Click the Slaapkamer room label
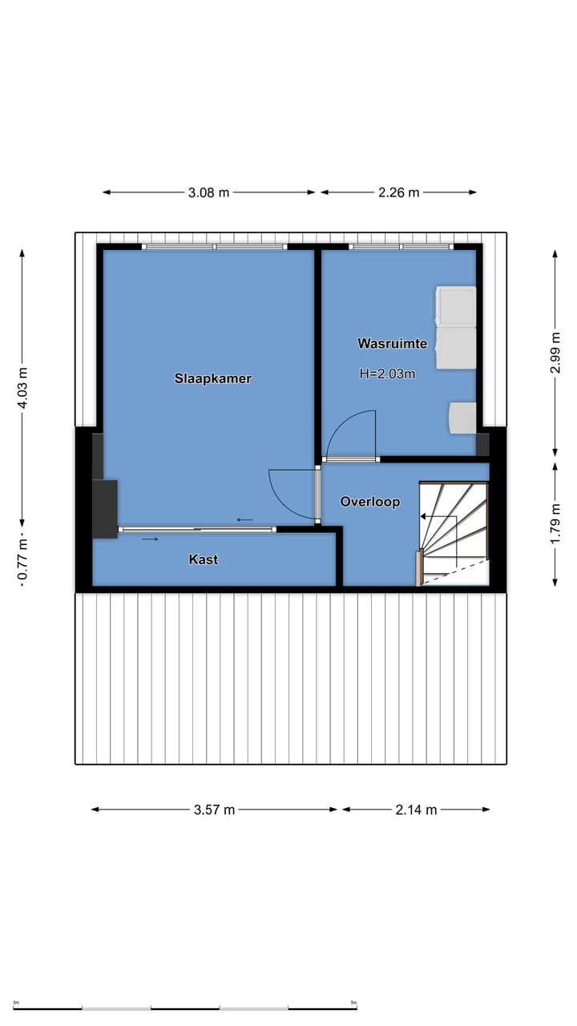pos(213,378)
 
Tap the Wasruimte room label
pos(392,344)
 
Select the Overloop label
pos(369,502)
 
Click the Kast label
pos(203,559)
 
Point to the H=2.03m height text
pos(388,373)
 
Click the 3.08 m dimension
pos(208,192)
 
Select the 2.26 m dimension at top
pos(398,192)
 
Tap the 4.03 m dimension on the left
pos(22,388)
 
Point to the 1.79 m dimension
pos(555,523)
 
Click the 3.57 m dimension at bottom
pos(214,810)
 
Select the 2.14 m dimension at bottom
pos(416,810)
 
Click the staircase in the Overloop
pos(454,533)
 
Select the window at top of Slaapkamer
pos(214,247)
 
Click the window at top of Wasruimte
pos(401,247)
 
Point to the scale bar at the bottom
pos(185,1008)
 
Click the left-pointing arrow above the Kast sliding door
pos(244,519)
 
